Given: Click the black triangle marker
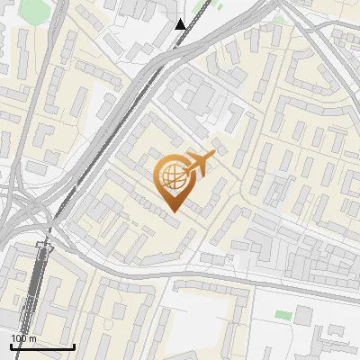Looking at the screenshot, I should click(x=181, y=24).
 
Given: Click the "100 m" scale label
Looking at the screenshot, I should click(x=23, y=338).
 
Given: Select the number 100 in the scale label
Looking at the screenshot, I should click(x=18, y=338).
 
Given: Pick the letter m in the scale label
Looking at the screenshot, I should click(x=32, y=338).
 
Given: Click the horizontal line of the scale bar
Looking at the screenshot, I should click(x=42, y=346).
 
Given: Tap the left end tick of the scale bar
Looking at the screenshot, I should click(x=11, y=345).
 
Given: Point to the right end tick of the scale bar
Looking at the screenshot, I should click(x=74, y=345).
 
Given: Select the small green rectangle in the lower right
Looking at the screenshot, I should click(x=283, y=315).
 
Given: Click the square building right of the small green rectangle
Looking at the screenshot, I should click(x=303, y=315).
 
